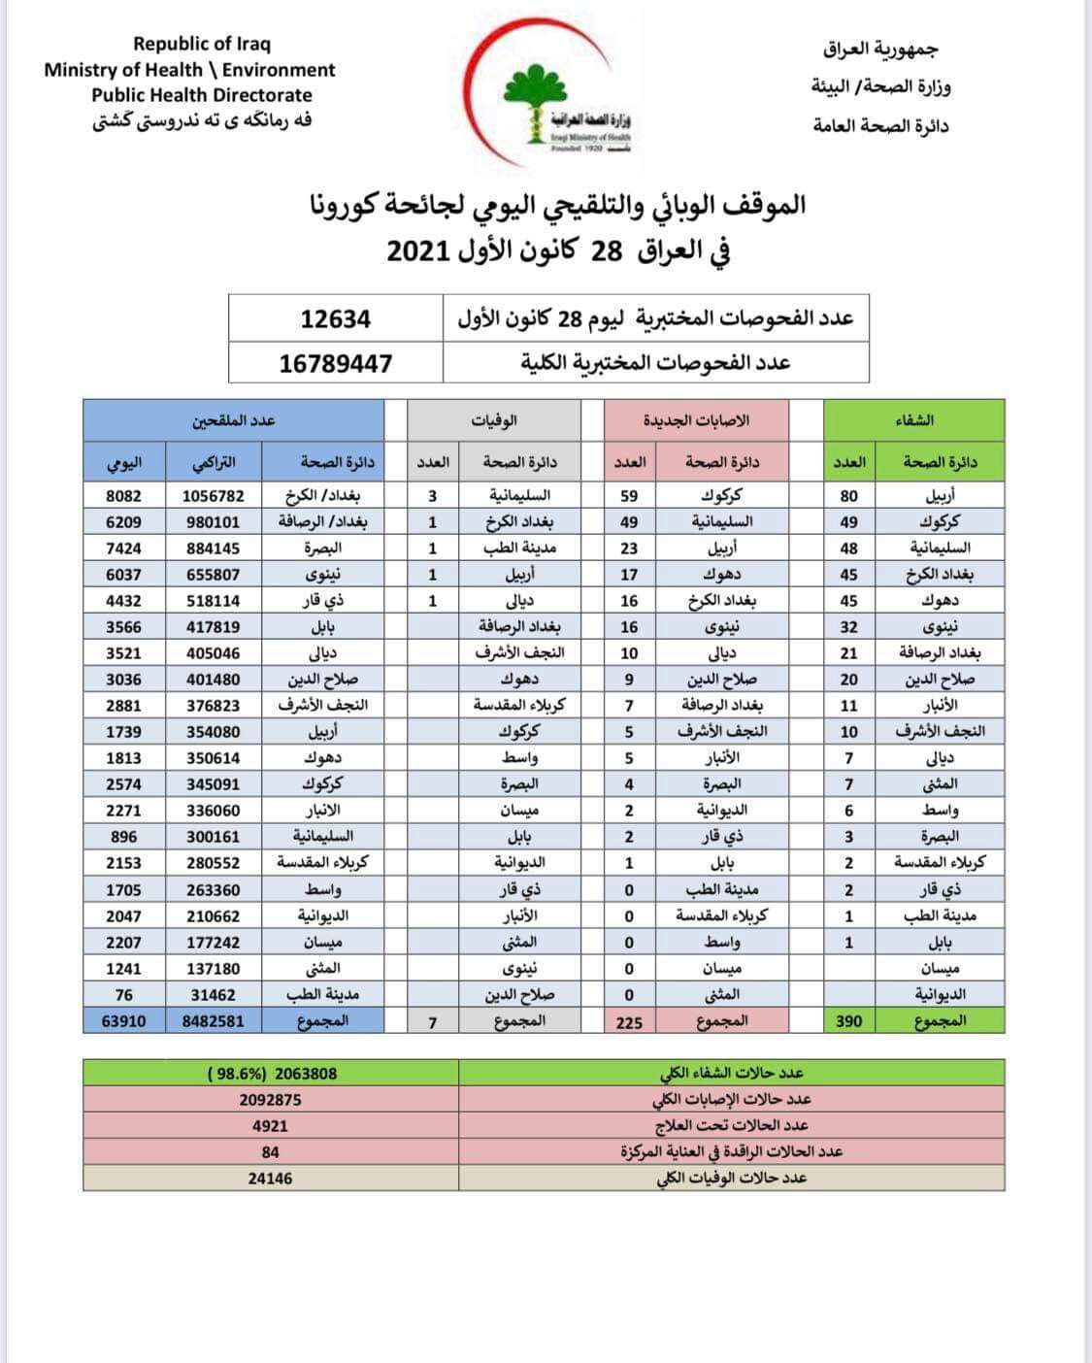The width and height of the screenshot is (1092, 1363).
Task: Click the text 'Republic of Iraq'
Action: click(202, 44)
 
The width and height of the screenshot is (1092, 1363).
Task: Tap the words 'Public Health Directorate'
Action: click(202, 95)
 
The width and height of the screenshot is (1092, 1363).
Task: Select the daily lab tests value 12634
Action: click(335, 319)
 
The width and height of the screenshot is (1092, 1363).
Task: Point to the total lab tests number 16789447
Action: click(336, 363)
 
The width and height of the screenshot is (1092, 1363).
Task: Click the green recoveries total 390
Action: click(848, 1020)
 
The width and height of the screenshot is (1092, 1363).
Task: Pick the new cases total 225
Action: click(629, 1021)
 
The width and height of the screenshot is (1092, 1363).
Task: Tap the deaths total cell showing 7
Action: click(432, 1021)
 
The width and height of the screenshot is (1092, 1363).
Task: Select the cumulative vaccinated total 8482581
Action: click(213, 1021)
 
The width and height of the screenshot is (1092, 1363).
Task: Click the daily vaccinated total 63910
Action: click(123, 1021)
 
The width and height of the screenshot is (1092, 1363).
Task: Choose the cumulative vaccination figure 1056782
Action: click(213, 496)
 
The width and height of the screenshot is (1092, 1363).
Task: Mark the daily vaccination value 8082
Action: click(123, 496)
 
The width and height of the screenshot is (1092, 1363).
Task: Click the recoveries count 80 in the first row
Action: click(848, 496)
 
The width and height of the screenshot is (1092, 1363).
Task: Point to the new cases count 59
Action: click(629, 496)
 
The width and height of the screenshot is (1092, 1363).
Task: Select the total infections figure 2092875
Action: click(270, 1100)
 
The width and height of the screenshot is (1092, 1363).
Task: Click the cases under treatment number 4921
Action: click(270, 1126)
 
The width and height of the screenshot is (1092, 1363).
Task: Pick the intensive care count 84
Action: click(270, 1152)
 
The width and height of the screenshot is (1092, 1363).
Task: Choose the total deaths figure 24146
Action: click(270, 1179)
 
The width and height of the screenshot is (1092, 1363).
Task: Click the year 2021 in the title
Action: click(416, 250)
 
